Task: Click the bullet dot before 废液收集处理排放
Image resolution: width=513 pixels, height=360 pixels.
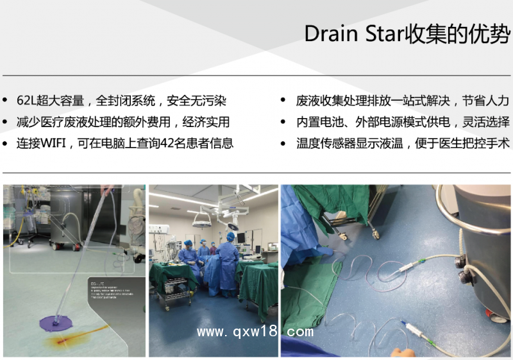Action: tap(283, 101)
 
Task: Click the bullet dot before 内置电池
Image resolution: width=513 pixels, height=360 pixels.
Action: tap(283, 122)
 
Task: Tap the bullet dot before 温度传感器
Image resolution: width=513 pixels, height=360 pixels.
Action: tap(283, 143)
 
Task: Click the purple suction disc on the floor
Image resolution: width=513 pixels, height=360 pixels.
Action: tap(56, 322)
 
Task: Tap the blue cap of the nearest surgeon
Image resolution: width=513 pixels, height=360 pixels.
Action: tap(230, 236)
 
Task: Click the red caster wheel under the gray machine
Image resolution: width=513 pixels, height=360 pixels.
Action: tap(490, 315)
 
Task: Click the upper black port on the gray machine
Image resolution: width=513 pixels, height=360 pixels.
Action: tap(460, 261)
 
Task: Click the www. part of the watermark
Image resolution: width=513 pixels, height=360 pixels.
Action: tap(212, 332)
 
